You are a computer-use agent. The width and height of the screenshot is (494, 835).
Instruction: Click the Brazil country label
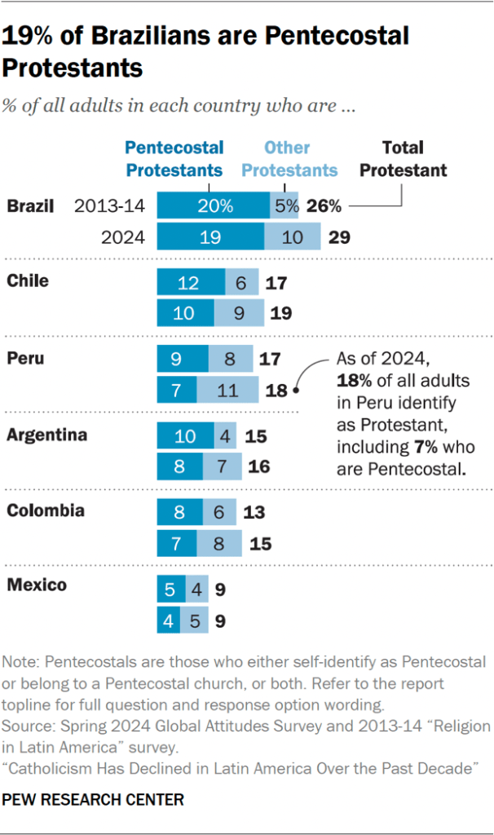coord(30,205)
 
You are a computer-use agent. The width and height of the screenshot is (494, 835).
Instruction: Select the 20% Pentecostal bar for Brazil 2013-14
coord(213,206)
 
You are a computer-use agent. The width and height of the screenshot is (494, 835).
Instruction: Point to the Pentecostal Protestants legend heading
coord(174,159)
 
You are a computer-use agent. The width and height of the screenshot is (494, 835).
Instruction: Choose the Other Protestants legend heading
coord(289,159)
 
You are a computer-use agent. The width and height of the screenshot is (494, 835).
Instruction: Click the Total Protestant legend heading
coord(404,159)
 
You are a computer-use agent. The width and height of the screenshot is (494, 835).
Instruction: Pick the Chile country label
coord(28,281)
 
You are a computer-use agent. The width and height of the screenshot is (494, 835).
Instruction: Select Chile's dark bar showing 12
coord(191,282)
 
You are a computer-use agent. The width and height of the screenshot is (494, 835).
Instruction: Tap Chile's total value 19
coord(280,313)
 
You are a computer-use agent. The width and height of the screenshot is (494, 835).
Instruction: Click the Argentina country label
coord(46,435)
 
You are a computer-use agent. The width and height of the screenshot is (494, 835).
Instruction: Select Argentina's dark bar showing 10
coord(185,435)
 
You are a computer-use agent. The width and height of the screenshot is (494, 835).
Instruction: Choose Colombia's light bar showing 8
coord(218,543)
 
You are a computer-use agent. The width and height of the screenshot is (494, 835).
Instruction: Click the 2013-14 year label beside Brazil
coord(109,206)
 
